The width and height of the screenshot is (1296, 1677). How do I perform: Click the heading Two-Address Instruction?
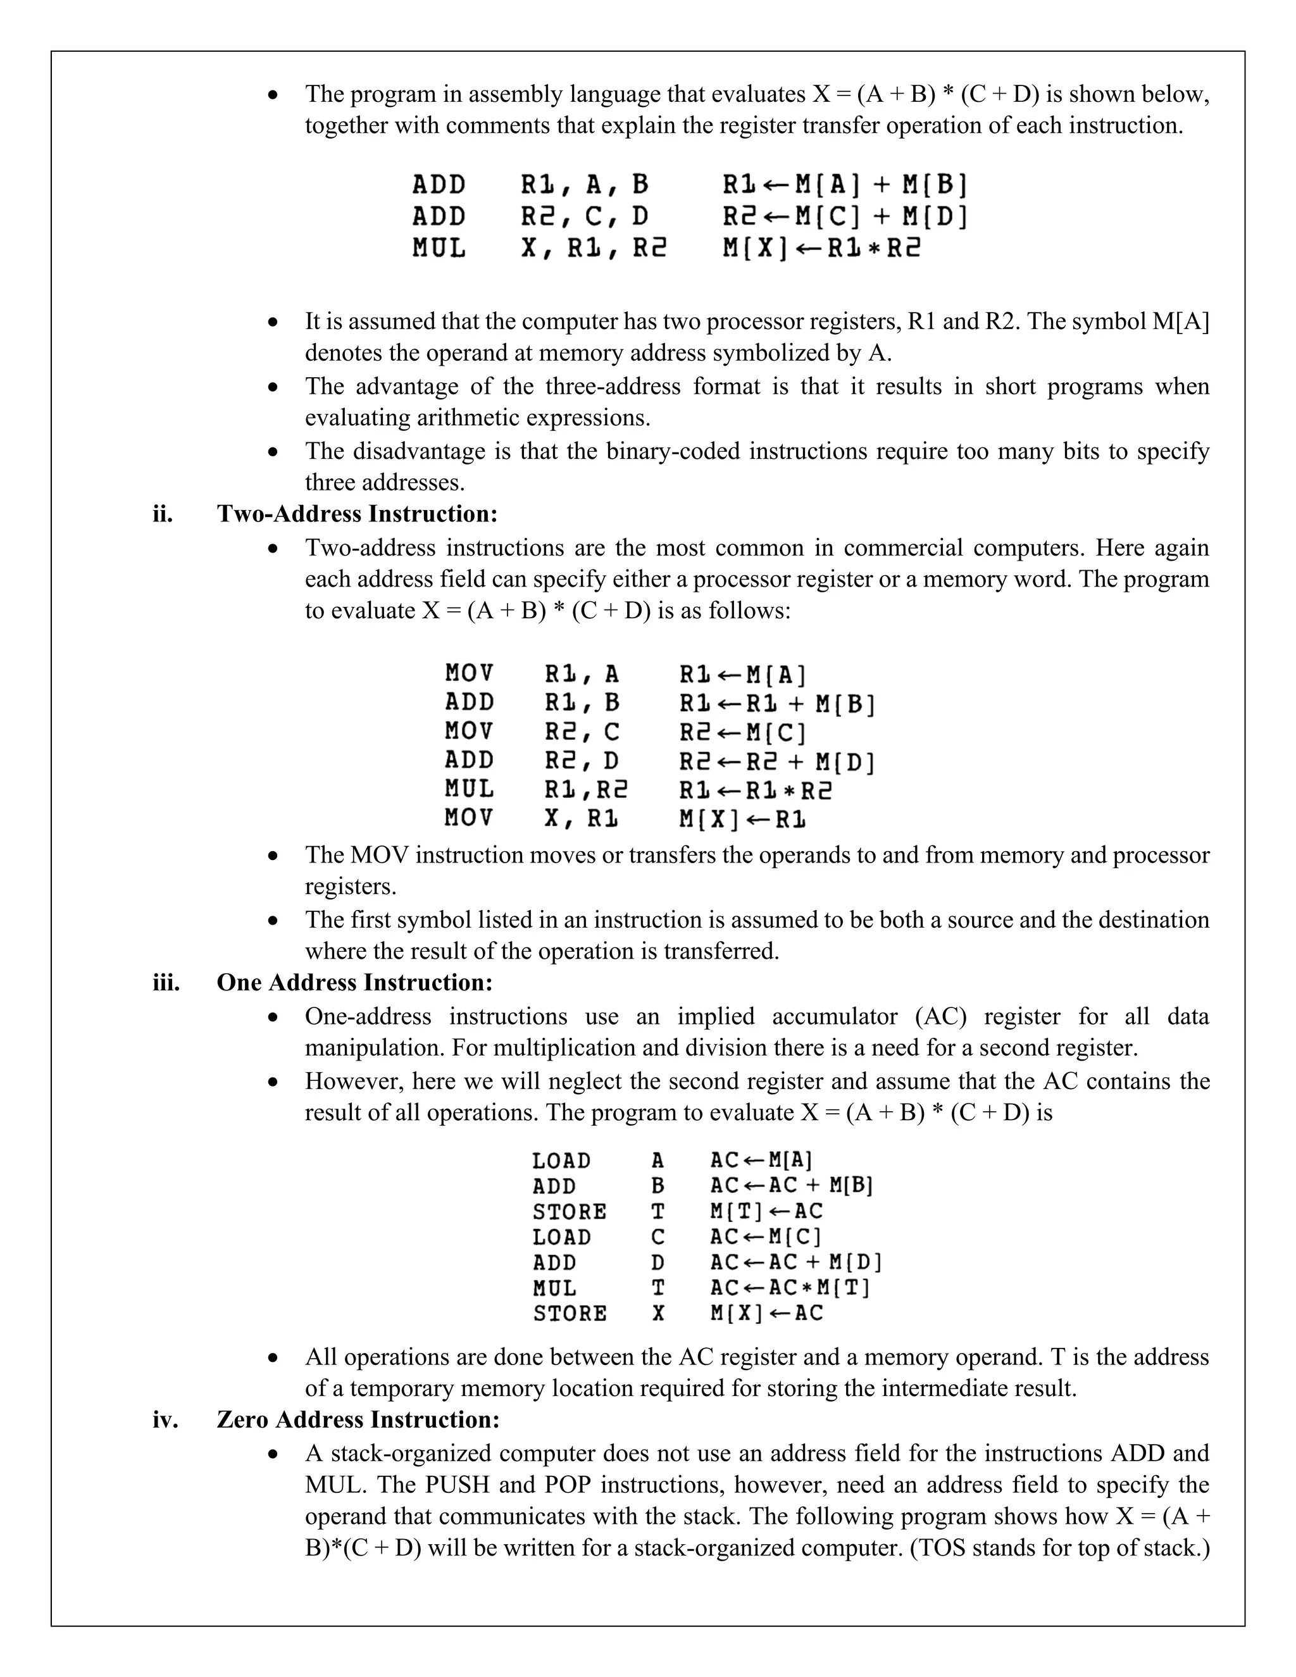click(357, 514)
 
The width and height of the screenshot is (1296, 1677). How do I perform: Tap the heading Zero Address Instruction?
click(358, 1420)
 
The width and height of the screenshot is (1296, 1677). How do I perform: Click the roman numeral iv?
click(165, 1420)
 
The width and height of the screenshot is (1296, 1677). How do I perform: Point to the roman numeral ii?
click(163, 514)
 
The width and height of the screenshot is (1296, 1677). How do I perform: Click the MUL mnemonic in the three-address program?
click(439, 249)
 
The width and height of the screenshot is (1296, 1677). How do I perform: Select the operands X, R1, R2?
click(594, 249)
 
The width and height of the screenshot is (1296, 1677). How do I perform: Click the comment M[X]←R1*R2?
click(821, 249)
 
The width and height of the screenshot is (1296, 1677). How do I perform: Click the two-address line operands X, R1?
click(581, 818)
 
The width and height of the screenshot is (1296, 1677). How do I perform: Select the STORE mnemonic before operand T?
click(570, 1212)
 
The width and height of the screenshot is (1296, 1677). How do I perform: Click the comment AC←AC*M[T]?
click(790, 1288)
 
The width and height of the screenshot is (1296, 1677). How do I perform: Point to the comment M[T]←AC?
click(766, 1212)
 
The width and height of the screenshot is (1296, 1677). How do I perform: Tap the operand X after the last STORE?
click(658, 1313)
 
